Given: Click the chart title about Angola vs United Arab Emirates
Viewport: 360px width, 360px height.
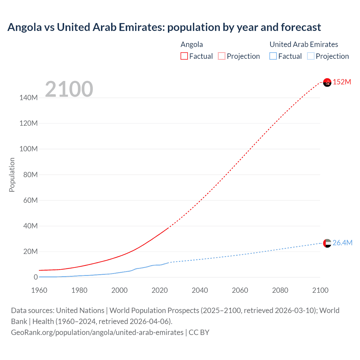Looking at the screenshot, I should (x=164, y=27).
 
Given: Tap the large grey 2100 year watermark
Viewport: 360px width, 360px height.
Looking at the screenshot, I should (x=69, y=89).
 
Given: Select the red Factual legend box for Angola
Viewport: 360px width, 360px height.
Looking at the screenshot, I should (x=184, y=56).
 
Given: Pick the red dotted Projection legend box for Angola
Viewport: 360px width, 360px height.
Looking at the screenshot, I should (x=222, y=56).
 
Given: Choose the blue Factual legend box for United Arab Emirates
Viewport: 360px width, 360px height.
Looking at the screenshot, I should (x=273, y=56).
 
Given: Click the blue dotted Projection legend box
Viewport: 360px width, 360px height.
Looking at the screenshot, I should (x=311, y=56).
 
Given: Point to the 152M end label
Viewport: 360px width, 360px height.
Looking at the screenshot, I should (x=342, y=82).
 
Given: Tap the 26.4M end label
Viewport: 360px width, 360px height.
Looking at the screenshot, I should (x=342, y=243).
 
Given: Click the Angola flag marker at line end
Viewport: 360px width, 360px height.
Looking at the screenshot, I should (x=327, y=82).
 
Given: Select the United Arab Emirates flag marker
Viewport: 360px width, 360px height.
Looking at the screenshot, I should (x=327, y=243).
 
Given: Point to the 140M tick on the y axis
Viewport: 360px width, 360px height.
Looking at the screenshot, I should (x=28, y=98).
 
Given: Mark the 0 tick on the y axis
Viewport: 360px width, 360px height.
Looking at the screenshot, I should (x=36, y=277).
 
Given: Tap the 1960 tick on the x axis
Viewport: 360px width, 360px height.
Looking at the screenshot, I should (x=39, y=290).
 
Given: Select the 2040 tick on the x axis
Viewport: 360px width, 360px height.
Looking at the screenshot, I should (x=200, y=290).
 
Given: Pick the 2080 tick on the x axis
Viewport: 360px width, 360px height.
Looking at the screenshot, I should (x=280, y=290).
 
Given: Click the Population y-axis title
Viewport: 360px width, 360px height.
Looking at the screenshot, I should (x=12, y=175).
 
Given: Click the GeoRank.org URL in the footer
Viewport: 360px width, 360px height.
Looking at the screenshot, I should (x=97, y=332).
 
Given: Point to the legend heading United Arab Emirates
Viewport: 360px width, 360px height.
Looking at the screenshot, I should (x=304, y=44).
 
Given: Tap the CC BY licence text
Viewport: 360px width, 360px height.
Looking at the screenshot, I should (x=199, y=332).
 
